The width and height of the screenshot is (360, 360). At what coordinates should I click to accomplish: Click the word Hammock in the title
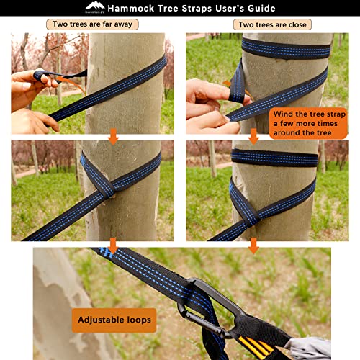coord(131,8)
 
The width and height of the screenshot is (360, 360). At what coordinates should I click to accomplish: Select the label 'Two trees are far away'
coord(92,24)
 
